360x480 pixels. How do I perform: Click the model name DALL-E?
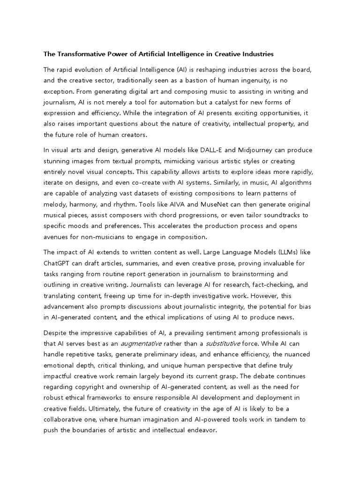(214, 150)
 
